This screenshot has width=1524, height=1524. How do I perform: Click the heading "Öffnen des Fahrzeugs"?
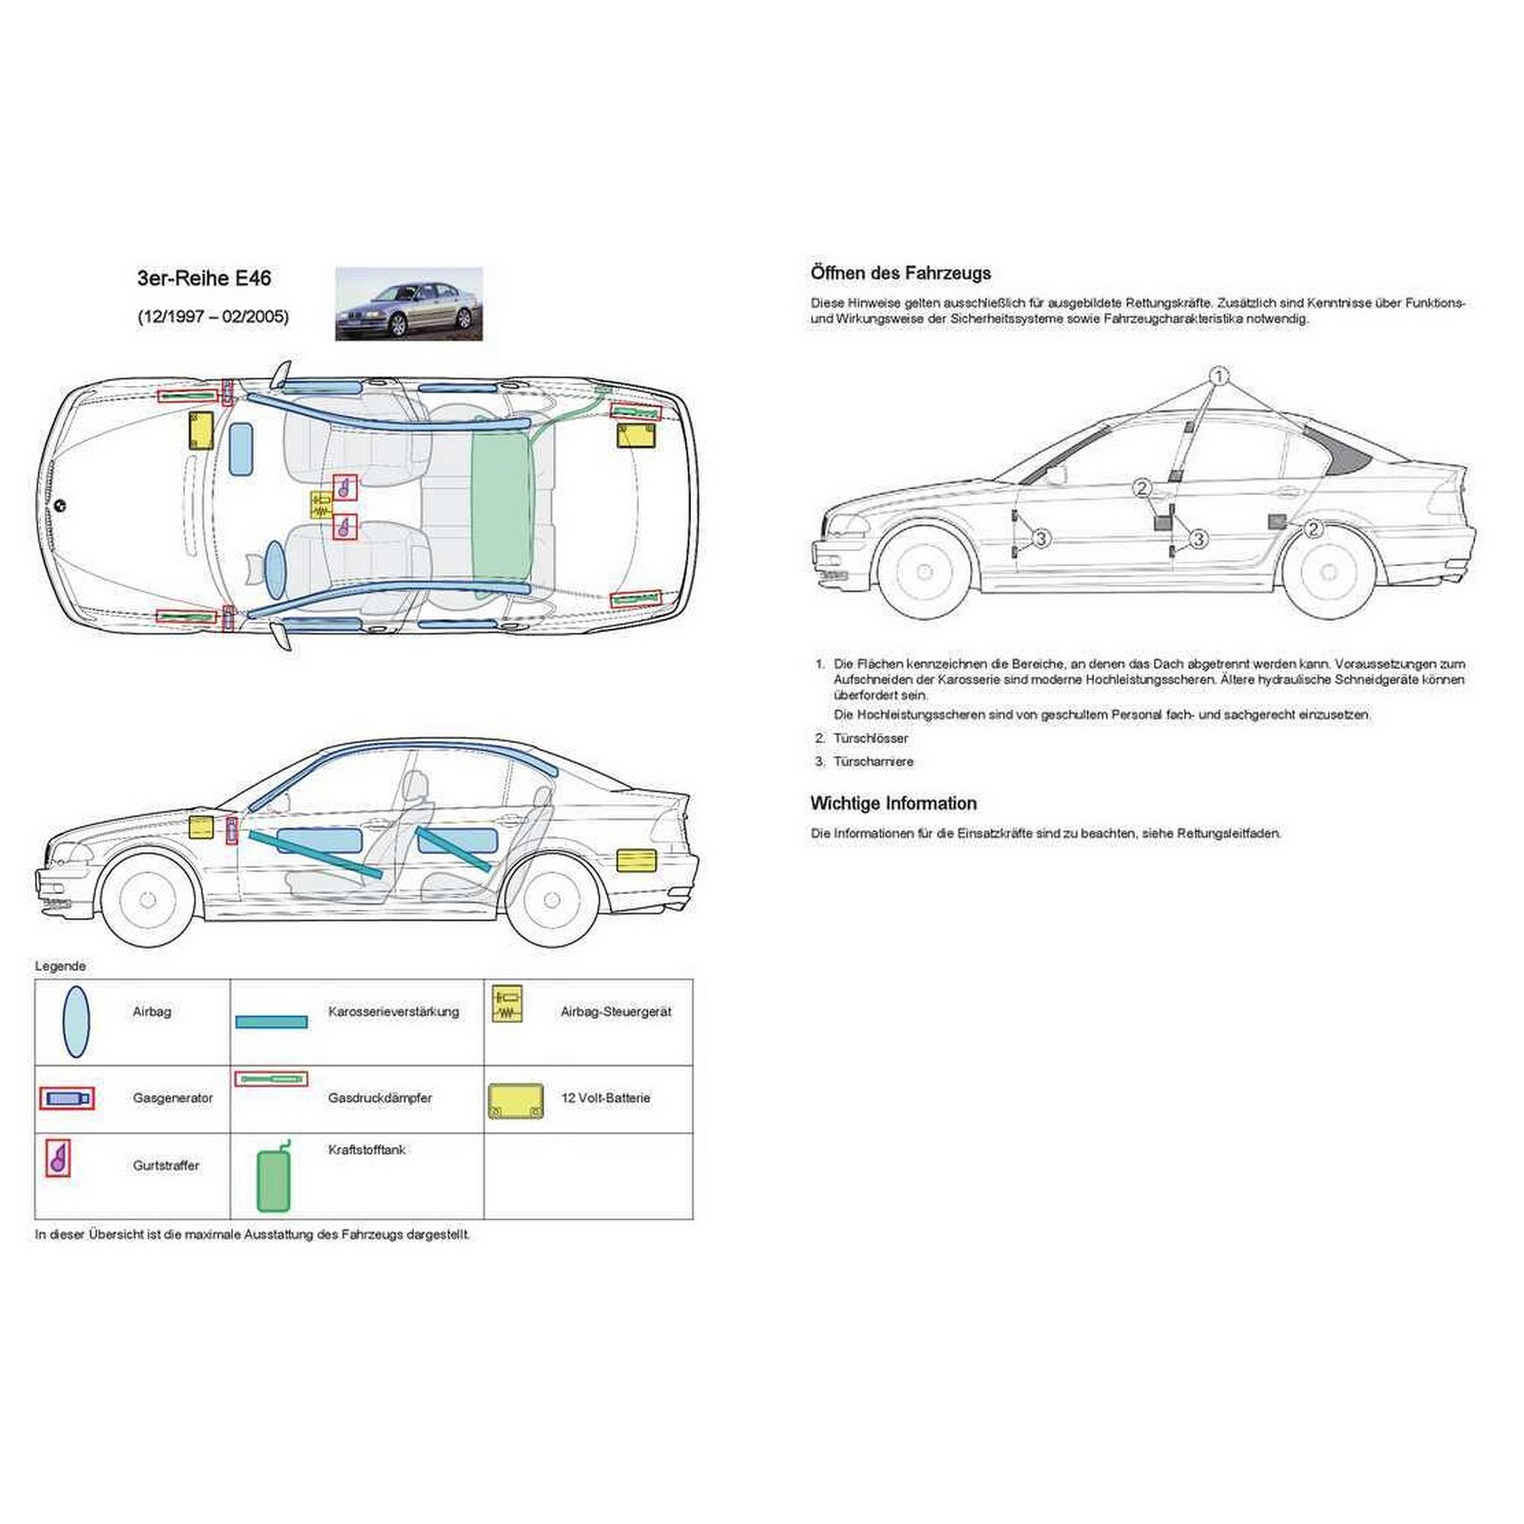click(901, 274)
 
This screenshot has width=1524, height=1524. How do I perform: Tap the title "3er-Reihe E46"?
click(204, 278)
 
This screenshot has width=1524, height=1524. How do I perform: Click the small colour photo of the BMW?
click(408, 304)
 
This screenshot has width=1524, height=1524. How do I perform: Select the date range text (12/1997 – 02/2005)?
click(213, 316)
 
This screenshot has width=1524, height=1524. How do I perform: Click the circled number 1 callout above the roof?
click(1218, 376)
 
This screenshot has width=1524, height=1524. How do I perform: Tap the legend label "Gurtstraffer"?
click(165, 1165)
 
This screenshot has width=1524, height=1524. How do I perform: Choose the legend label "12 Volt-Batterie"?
click(605, 1097)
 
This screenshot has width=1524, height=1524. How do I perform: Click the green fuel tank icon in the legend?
click(274, 1178)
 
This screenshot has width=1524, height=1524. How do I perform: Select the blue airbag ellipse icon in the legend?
click(75, 1022)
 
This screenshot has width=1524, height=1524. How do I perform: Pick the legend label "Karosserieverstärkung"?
click(394, 1011)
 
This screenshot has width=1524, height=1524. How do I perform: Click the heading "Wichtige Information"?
click(894, 803)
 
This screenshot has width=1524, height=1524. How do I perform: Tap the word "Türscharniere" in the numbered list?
click(873, 761)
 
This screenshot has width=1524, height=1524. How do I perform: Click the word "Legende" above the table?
click(61, 965)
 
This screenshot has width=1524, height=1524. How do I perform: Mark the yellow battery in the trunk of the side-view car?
click(636, 860)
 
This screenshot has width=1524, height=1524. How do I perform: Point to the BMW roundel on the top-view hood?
click(60, 506)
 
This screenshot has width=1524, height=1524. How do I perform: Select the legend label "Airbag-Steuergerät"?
click(616, 1011)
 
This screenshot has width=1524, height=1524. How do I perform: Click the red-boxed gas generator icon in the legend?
click(67, 1098)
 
